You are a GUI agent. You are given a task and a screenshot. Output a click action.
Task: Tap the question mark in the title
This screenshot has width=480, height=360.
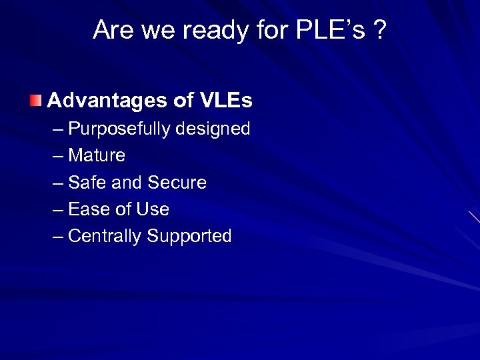[380, 30]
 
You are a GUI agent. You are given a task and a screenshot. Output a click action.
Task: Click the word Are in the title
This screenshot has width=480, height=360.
[111, 30]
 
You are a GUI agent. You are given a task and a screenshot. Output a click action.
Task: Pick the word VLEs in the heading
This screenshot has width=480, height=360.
[225, 101]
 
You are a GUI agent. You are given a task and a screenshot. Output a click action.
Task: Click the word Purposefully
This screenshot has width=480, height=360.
[119, 129]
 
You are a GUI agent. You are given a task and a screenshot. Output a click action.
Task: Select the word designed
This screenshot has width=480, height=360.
[213, 129]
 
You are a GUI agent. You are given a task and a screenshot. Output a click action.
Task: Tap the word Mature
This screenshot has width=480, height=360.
[97, 155]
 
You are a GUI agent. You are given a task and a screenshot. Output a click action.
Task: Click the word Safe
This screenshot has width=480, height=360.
[85, 183]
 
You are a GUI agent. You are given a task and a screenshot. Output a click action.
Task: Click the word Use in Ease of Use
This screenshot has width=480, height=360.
[153, 209]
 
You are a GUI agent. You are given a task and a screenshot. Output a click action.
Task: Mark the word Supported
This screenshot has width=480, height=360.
[189, 236]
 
